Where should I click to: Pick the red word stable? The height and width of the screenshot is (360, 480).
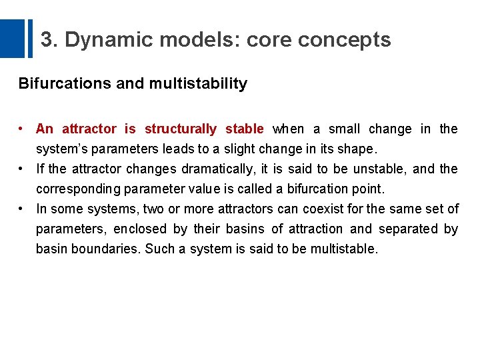[245, 129]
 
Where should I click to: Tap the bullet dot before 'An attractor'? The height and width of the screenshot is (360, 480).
[22, 129]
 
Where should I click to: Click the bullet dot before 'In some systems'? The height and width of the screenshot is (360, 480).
[22, 209]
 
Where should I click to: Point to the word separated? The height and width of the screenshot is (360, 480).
[407, 229]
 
